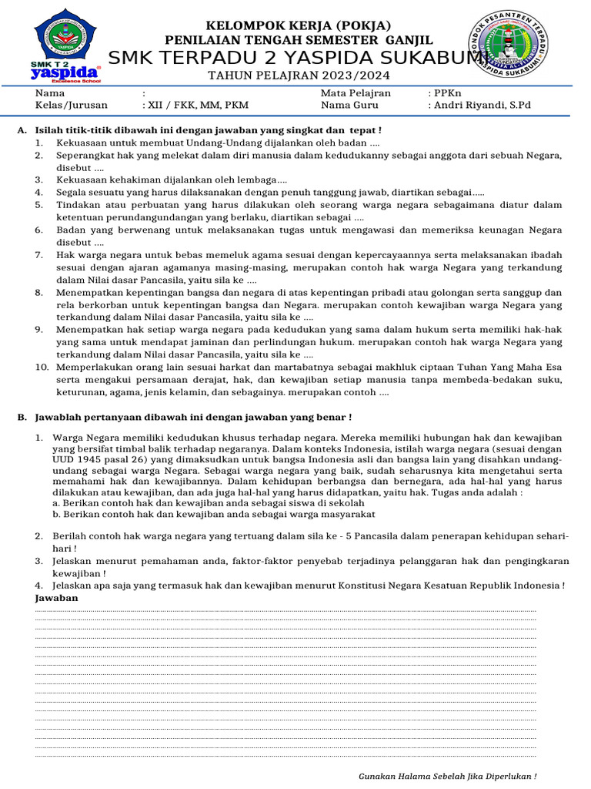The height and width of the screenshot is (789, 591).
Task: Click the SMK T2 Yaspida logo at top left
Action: point(67,49)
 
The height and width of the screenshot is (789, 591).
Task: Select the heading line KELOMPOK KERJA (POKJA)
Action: point(299,25)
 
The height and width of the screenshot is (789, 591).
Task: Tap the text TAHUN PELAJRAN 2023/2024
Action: point(299,76)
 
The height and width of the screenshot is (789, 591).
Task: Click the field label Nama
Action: point(47,93)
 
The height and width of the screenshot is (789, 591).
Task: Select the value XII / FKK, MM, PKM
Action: point(195,106)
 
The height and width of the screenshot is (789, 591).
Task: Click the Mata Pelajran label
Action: point(356,93)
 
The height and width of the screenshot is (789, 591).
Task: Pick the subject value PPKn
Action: point(449,93)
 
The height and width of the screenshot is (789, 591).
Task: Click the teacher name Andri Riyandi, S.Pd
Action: point(482,106)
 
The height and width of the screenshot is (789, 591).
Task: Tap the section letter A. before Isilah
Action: point(21,130)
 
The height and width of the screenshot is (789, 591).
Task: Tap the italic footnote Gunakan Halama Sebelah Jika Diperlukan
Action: point(448,776)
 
